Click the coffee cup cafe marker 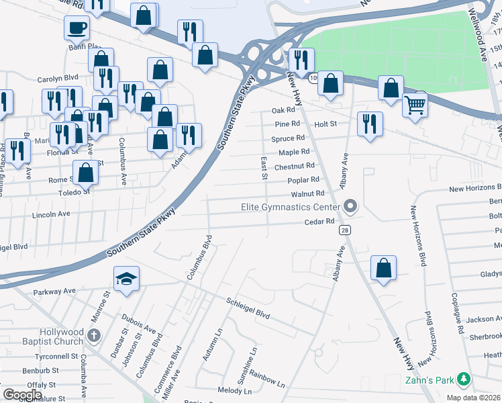pos(76,28)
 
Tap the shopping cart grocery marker pos(415,104)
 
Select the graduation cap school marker pos(125,279)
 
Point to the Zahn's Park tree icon pos(463,379)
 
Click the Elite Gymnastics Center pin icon pos(349,206)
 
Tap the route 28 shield pos(344,230)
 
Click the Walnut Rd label pos(308,194)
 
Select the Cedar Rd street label pos(319,222)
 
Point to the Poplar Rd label pos(303,180)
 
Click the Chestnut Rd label pos(295,166)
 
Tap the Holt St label pos(325,124)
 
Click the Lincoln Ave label pos(51,214)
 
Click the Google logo pos(23,394)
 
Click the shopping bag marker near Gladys pos(383,267)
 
